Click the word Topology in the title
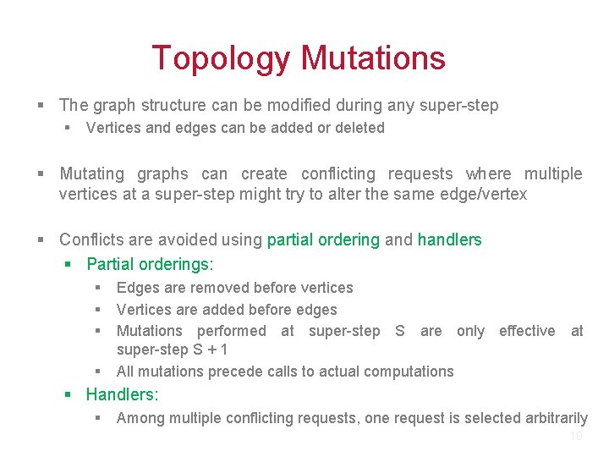222,58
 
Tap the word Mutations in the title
373,58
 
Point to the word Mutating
91,173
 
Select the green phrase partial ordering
323,240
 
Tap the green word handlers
449,240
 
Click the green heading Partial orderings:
150,264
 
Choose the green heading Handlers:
122,394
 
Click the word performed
231,331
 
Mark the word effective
526,331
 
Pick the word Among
139,418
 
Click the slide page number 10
576,437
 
